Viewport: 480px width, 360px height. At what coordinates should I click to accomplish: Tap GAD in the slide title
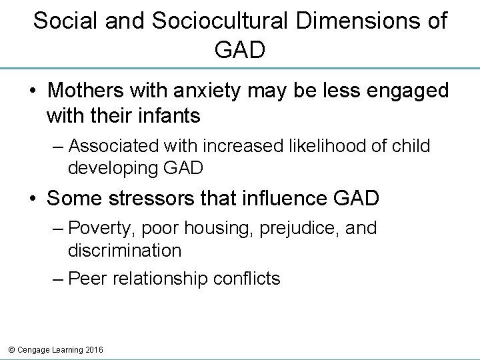240,50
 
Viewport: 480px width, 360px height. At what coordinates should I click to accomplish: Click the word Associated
113,145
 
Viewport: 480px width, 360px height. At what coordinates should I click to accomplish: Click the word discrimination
124,250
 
